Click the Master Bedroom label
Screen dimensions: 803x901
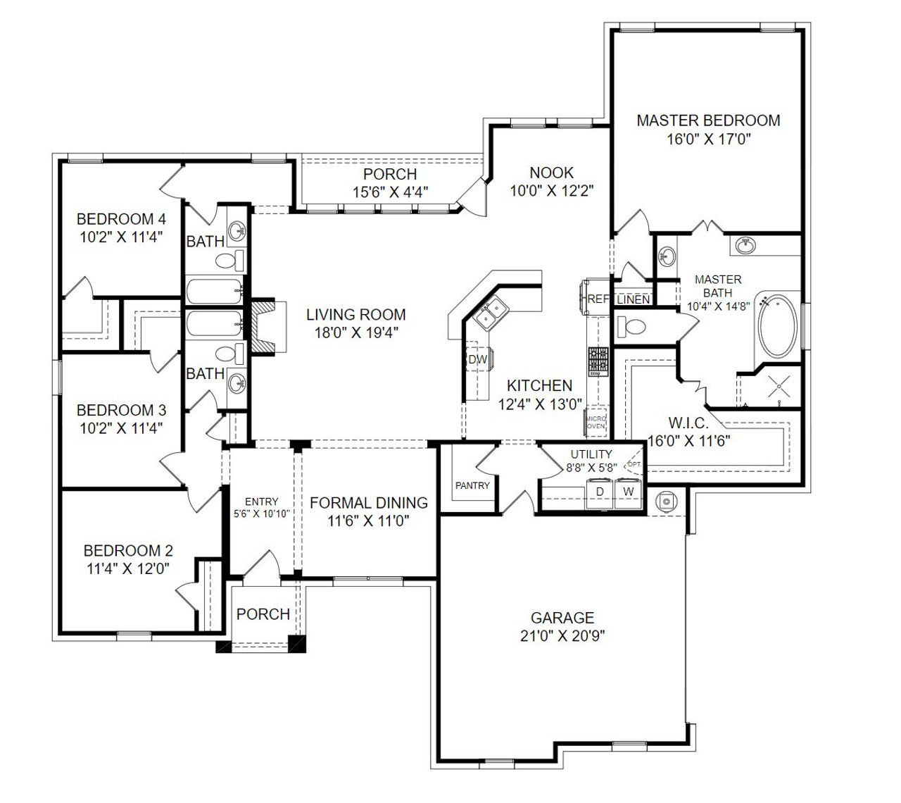708,120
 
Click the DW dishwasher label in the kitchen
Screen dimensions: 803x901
477,360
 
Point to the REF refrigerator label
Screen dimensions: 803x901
598,299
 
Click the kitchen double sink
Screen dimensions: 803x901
490,312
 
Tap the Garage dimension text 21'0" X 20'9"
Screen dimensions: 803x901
562,636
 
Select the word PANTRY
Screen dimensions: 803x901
472,485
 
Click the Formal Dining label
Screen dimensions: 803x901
369,503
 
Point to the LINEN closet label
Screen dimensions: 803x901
633,300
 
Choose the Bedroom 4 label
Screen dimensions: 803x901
121,218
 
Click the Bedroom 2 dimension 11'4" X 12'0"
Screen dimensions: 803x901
127,568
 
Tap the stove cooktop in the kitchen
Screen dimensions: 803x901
598,361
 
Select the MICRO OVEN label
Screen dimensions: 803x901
596,422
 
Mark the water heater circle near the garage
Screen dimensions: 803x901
666,501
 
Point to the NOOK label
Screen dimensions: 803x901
551,173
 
